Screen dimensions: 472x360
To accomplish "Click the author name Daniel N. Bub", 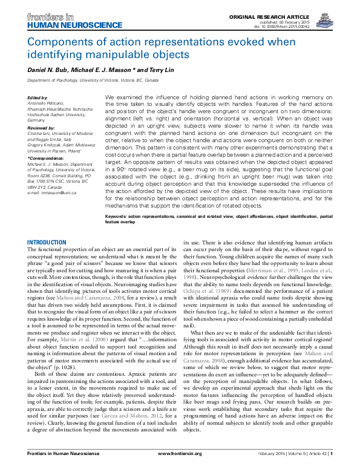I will [x=51, y=71].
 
